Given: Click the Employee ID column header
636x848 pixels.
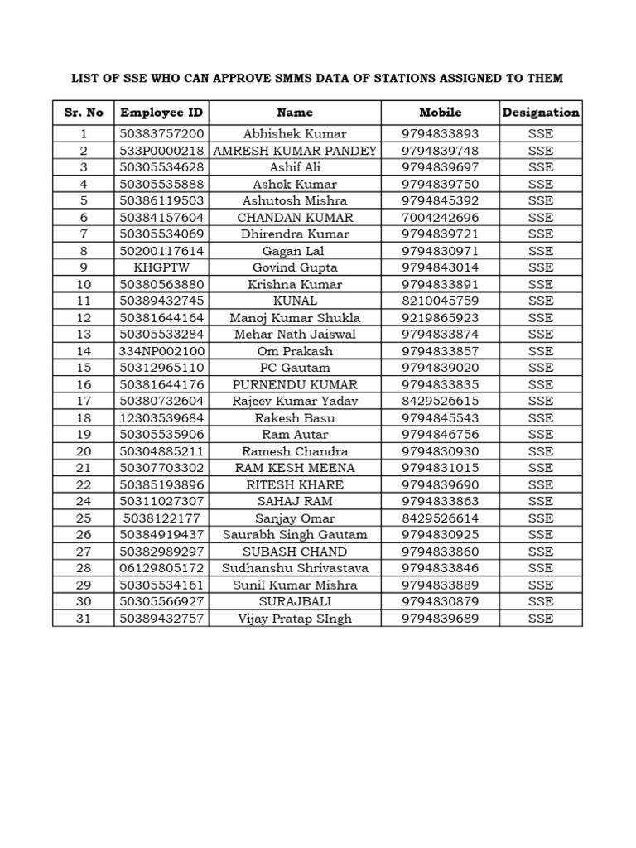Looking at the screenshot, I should [x=161, y=113].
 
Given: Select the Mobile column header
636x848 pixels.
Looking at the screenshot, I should [x=440, y=113].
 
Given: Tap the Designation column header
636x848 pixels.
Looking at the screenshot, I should [x=541, y=113].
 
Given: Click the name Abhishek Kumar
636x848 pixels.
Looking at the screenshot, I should [x=295, y=134].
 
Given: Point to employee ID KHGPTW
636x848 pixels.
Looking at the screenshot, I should [x=161, y=267].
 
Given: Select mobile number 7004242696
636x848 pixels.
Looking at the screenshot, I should [x=440, y=218].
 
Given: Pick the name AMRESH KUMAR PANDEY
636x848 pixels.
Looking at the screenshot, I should [x=295, y=151].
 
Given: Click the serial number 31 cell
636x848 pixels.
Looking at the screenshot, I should [x=84, y=619].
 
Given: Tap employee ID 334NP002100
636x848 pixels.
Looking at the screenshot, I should [x=161, y=351].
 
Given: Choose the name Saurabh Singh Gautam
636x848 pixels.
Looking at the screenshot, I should [x=295, y=535].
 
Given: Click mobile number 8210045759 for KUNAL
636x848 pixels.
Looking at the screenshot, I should [x=440, y=301].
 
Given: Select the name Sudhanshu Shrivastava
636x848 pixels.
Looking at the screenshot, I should [x=295, y=568].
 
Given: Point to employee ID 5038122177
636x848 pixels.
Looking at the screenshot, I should [x=161, y=518].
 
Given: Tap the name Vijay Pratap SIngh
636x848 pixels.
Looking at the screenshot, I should [x=295, y=619].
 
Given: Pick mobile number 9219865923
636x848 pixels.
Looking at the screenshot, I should [x=440, y=318].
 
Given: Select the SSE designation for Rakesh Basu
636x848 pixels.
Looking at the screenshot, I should [x=541, y=418].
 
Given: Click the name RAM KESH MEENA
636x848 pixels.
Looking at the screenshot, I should [x=295, y=468].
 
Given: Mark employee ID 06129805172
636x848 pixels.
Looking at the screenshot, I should [x=161, y=568].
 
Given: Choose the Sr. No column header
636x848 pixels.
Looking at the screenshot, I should [x=84, y=113].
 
